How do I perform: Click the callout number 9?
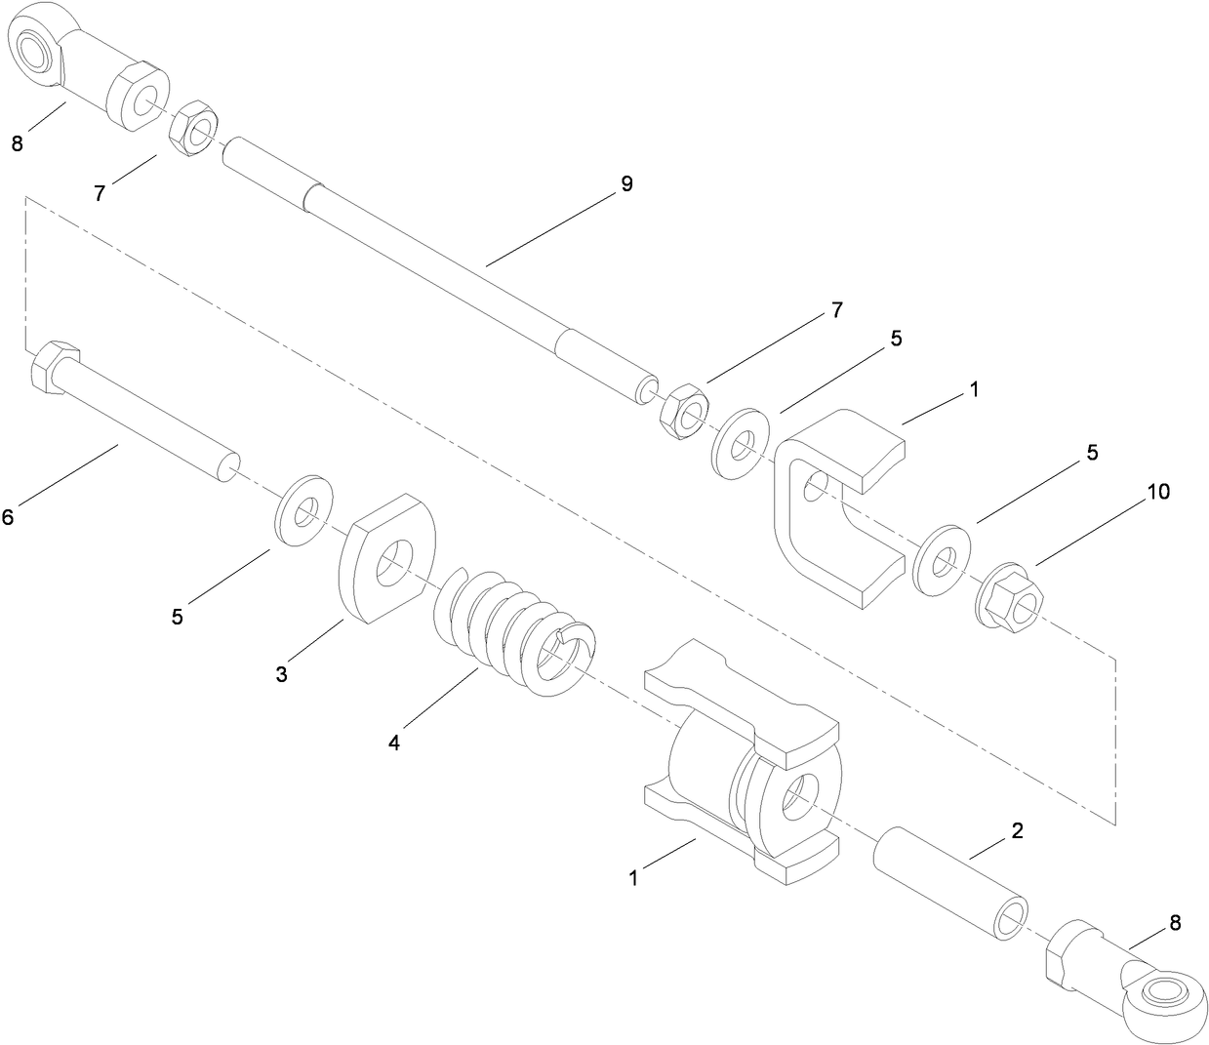(x=626, y=183)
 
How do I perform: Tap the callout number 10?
(x=1157, y=492)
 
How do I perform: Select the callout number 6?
(x=8, y=517)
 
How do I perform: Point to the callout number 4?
(x=394, y=743)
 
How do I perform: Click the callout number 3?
(x=281, y=674)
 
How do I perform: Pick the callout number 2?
(x=1017, y=831)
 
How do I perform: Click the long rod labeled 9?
(x=439, y=263)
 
